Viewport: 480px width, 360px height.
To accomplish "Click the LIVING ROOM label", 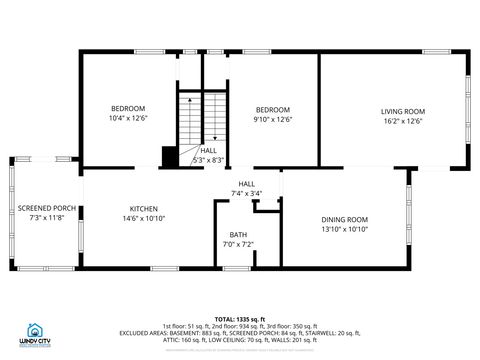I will [402, 111].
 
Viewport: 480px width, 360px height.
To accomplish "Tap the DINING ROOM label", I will [344, 219].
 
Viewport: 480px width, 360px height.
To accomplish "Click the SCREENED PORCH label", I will [47, 208].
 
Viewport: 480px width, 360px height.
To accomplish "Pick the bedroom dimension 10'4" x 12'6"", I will [128, 118].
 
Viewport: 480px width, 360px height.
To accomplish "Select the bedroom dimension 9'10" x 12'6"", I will [272, 119].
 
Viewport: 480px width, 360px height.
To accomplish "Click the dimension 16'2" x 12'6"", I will [402, 121].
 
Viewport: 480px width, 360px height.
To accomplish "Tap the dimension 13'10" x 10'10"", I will [344, 229].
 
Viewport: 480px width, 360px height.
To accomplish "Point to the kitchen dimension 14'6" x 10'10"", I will [143, 218].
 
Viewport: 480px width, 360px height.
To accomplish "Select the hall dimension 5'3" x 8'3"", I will [208, 160].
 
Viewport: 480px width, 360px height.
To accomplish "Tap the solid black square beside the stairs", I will [170, 156].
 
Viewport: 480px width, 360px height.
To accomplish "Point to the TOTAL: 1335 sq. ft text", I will [240, 319].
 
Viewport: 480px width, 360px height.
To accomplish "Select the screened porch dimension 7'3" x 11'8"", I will [47, 218].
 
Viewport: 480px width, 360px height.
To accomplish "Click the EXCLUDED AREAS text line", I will [240, 334].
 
